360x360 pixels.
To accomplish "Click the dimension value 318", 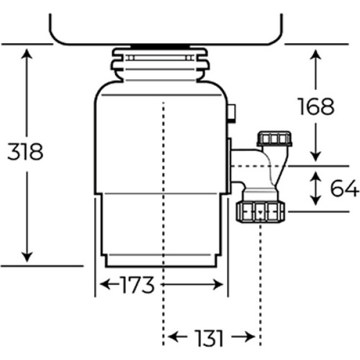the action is (x=25, y=151).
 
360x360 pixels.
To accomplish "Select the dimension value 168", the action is (x=316, y=106).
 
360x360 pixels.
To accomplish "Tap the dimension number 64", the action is (x=344, y=188).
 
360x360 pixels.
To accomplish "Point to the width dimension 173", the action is (x=137, y=284).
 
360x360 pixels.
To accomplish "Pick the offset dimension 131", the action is (x=208, y=338).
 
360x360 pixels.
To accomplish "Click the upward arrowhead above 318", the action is (x=26, y=54).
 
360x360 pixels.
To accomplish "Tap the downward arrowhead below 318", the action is (x=26, y=257).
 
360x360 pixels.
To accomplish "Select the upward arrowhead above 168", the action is (x=316, y=55).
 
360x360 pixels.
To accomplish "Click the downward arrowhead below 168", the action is (x=316, y=156).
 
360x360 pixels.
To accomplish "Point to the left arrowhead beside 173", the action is (x=105, y=284).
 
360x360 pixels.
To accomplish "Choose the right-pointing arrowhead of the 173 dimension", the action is (x=218, y=284).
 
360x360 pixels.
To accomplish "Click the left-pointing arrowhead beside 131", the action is (x=173, y=337).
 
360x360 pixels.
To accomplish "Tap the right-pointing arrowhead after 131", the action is (x=250, y=337).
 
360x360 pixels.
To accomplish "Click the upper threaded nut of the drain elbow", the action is (x=275, y=139).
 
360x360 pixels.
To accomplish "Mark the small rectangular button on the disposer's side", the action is (x=232, y=113).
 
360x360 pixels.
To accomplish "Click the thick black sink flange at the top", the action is (x=160, y=47).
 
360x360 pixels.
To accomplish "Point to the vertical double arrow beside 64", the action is (x=316, y=188).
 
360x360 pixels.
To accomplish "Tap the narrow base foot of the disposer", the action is (x=161, y=261).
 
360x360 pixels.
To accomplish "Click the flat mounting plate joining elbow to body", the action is (x=229, y=166).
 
